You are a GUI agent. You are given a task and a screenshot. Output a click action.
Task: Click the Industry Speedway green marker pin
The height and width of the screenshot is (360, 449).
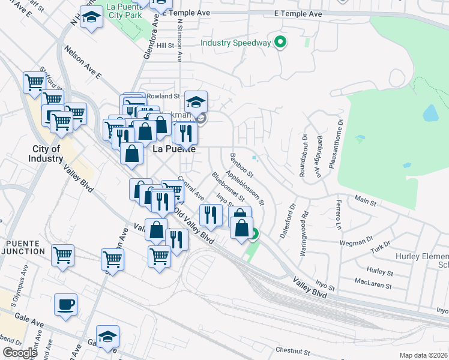tap(279, 42)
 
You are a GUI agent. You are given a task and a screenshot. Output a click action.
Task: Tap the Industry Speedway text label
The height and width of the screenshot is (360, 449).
tap(235, 43)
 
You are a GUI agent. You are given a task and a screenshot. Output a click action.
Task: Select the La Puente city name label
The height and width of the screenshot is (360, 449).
tap(174, 149)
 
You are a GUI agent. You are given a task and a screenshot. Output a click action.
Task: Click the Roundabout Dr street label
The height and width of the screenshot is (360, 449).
tap(303, 155)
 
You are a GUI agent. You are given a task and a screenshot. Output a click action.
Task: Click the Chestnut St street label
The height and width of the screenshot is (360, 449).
tap(292, 350)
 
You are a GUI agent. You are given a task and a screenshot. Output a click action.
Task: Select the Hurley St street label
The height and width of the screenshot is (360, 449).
tap(379, 271)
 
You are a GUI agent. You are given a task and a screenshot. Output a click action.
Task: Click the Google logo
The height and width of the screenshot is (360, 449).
tap(19, 353)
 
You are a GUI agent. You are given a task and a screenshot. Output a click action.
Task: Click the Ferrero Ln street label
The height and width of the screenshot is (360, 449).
tap(339, 214)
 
